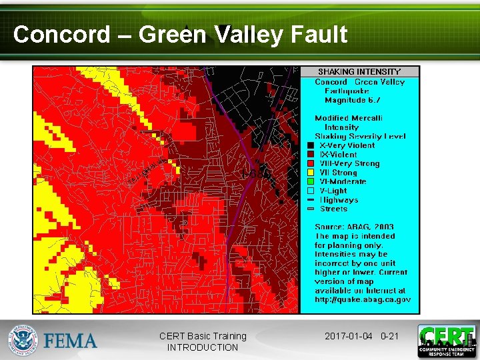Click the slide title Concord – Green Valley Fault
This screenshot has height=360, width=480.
pyautogui.click(x=180, y=34)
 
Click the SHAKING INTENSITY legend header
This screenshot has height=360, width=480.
pyautogui.click(x=359, y=71)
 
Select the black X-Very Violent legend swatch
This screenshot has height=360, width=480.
pyautogui.click(x=311, y=145)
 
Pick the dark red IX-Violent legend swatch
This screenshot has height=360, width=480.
pyautogui.click(x=311, y=155)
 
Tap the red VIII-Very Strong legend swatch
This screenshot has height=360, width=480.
pyautogui.click(x=311, y=163)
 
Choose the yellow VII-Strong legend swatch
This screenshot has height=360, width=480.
pyautogui.click(x=311, y=173)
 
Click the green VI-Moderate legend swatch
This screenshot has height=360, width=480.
pyautogui.click(x=311, y=181)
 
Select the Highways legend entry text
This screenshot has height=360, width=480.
pyautogui.click(x=339, y=200)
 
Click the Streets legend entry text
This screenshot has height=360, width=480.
pyautogui.click(x=334, y=209)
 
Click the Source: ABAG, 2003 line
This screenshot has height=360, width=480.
pyautogui.click(x=354, y=227)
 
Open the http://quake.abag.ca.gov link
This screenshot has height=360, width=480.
pyautogui.click(x=363, y=299)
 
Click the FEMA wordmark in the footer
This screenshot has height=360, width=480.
pyautogui.click(x=70, y=341)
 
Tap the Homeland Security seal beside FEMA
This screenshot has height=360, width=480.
pyautogui.click(x=23, y=341)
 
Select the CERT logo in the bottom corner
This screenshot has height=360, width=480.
pyautogui.click(x=447, y=341)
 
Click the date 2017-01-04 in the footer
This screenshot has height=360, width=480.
pyautogui.click(x=349, y=336)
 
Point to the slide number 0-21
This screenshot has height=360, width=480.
pyautogui.click(x=389, y=336)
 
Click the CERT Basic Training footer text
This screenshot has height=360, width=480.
pyautogui.click(x=203, y=336)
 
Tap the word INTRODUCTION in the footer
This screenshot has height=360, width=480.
pyautogui.click(x=203, y=347)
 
